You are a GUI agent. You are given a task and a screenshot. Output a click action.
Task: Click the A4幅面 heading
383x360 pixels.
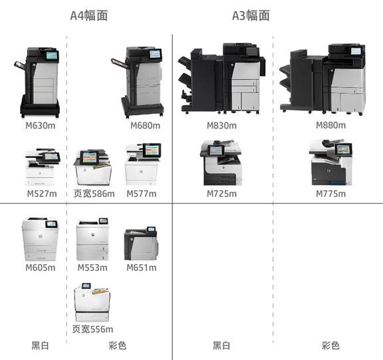pos(89,16)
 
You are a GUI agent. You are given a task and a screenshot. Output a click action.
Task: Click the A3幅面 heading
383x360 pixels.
pos(251,16)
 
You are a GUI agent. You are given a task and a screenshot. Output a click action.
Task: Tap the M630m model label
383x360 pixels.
pos(41,126)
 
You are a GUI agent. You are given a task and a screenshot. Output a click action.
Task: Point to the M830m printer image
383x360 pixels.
pos(221,79)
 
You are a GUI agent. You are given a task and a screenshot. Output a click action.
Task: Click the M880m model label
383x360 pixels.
pos(330,125)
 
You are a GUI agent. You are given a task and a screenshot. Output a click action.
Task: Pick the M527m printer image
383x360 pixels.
pos(43,166)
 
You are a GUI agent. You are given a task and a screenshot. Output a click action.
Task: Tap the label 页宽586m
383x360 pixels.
pos(94,194)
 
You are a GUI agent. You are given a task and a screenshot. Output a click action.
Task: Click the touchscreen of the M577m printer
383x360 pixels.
pos(152,150)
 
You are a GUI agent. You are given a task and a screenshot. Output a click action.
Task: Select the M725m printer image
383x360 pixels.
pos(221,163)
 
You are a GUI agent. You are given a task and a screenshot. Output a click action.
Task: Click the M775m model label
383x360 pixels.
pos(330,194)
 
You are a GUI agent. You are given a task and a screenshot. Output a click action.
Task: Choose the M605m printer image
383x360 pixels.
pos(40,239)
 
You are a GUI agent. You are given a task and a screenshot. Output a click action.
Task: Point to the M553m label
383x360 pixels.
pos(92,268)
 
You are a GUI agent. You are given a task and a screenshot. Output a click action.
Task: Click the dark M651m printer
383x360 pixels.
pos(141,244)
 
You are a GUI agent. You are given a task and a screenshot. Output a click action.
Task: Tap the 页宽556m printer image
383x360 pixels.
pos(92,302)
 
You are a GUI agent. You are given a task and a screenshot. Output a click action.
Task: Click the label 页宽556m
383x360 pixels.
pos(92,329)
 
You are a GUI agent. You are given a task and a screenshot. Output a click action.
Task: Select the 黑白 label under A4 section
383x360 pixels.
pos(41,345)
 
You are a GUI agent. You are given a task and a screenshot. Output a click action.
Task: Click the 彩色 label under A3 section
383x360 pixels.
pos(330,345)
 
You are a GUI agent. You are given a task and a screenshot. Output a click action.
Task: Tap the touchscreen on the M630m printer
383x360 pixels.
pos(52,56)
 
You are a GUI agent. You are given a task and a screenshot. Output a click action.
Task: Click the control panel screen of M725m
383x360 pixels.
pos(215,150)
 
